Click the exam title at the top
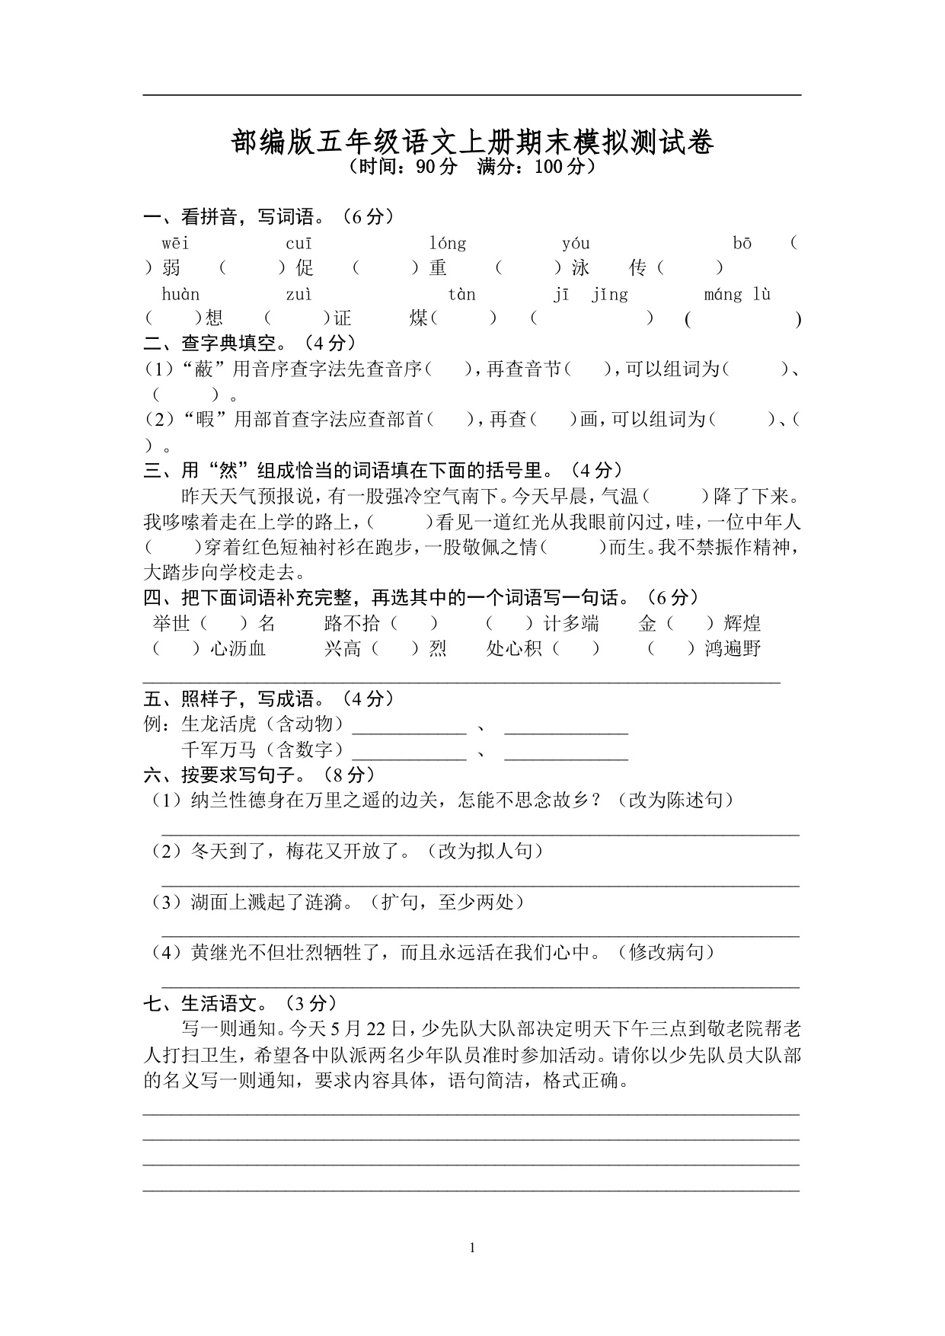[x=472, y=142]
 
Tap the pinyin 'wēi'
[x=175, y=244]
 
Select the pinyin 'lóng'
[x=447, y=244]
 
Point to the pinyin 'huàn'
[x=180, y=295]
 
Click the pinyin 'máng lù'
[x=737, y=295]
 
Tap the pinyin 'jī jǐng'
[x=590, y=295]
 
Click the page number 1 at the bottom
[x=472, y=1248]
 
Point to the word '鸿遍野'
[x=733, y=649]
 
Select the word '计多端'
[x=571, y=624]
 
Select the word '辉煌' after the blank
[x=742, y=624]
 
